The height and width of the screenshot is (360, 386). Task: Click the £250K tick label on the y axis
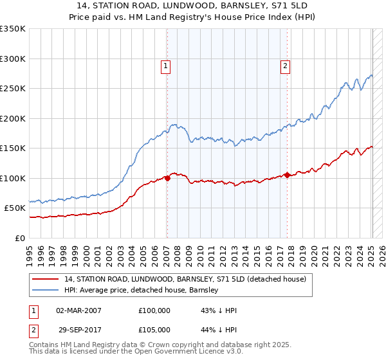(x=13, y=89)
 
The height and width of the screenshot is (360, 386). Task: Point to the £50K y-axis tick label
(x=15, y=208)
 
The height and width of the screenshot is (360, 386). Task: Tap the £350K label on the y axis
(x=13, y=29)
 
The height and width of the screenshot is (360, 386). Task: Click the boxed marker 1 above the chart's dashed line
(x=166, y=65)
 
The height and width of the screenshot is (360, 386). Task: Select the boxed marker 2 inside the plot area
(x=285, y=65)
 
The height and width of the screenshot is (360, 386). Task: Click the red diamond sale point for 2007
(x=167, y=178)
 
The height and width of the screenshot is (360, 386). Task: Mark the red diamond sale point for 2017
(x=288, y=175)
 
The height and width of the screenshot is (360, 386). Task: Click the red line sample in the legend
(x=45, y=279)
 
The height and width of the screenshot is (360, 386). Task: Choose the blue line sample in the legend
(x=45, y=291)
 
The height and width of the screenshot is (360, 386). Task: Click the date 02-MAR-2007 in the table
(x=79, y=310)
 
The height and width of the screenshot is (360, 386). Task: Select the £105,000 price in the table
(x=154, y=329)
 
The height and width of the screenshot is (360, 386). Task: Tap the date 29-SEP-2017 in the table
(x=79, y=329)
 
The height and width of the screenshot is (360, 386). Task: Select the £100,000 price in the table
(x=154, y=310)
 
